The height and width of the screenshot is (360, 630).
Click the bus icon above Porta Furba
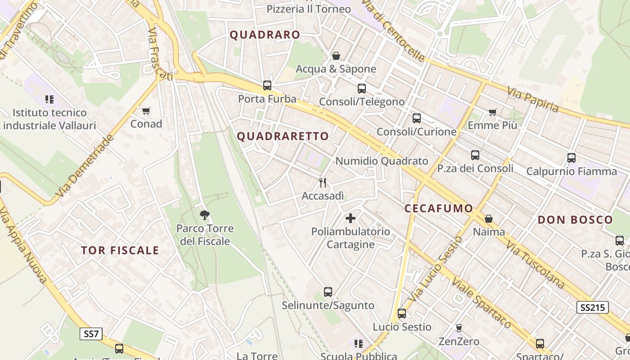[267, 85]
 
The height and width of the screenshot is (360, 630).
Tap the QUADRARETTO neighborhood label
[283, 136]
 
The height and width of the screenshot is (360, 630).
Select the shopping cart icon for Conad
[146, 111]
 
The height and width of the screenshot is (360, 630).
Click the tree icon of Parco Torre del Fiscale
[205, 215]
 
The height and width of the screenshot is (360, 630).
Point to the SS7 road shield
[91, 334]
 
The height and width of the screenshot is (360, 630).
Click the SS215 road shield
[592, 307]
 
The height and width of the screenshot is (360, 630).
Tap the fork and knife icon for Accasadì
[323, 182]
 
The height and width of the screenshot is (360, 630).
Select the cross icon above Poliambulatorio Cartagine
[351, 218]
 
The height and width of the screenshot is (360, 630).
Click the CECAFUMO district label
[438, 208]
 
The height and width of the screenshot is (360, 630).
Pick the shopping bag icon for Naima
[489, 219]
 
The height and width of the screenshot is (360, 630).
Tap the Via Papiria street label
[533, 100]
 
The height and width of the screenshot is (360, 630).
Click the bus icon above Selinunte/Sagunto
[328, 292]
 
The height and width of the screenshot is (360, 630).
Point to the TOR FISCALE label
[120, 251]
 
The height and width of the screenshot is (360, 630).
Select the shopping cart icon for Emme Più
[492, 112]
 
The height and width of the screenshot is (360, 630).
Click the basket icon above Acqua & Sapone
[336, 56]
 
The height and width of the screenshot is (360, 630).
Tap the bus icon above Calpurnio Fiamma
[571, 158]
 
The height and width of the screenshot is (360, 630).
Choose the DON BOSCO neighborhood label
[575, 220]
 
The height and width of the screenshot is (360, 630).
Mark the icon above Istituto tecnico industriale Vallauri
[49, 99]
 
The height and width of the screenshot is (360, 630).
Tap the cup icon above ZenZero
[459, 328]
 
